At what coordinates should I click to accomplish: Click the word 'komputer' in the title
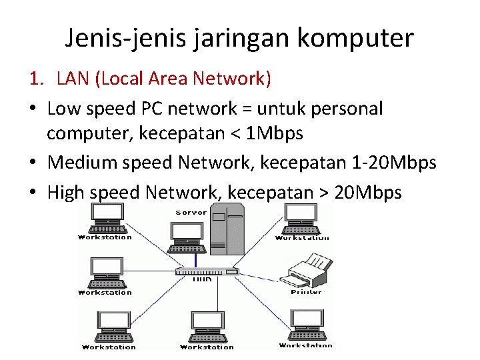[355, 38]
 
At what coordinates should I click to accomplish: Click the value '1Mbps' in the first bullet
[275, 133]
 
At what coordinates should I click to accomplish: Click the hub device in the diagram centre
[206, 271]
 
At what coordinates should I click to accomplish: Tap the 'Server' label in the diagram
[191, 212]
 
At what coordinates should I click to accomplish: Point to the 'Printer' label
[306, 292]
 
